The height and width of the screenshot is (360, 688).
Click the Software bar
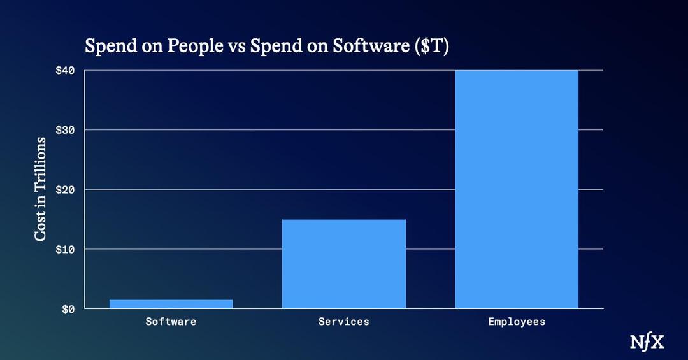[171, 304]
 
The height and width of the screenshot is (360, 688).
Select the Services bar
[344, 264]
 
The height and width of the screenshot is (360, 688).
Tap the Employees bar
[517, 189]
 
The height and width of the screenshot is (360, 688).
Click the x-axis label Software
[171, 322]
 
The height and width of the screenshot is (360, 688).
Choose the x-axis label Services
[344, 322]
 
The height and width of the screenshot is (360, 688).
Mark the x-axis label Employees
[517, 322]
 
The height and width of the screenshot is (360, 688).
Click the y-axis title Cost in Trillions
[41, 189]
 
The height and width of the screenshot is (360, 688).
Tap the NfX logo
[647, 342]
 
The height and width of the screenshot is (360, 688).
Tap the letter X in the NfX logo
[657, 342]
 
